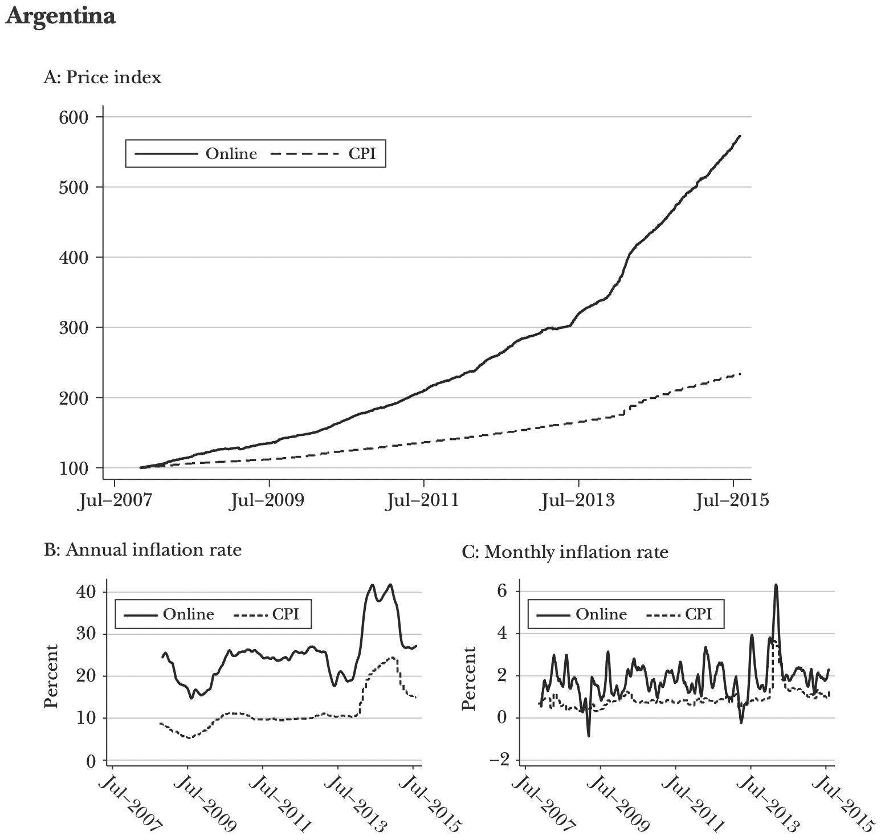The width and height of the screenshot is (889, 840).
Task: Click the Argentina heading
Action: coord(60,16)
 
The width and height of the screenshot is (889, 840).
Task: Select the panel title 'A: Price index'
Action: coord(103,77)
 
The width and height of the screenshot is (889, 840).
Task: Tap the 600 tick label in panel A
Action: coord(75,117)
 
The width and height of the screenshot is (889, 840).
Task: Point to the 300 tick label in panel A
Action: coord(75,328)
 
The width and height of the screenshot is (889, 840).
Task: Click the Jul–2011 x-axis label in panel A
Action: coord(423,500)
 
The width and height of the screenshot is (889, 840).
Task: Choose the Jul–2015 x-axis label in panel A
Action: coord(732,500)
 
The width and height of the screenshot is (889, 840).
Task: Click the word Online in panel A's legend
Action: coord(231,153)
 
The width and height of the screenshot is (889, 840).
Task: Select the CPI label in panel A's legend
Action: coord(362,153)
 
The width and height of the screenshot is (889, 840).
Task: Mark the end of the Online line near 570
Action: coord(739,136)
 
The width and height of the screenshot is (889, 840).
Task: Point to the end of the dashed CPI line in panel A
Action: coord(740,374)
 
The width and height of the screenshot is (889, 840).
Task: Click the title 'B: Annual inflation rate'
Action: coord(143,550)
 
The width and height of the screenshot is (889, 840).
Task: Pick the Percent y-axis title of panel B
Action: coord(51,676)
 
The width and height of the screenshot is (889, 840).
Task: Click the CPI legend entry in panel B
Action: coord(285,614)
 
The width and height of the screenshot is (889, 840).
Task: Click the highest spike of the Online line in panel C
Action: coord(776,585)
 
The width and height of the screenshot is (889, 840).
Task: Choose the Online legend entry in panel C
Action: coord(601,614)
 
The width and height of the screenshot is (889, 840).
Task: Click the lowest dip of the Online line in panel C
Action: coord(588,736)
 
